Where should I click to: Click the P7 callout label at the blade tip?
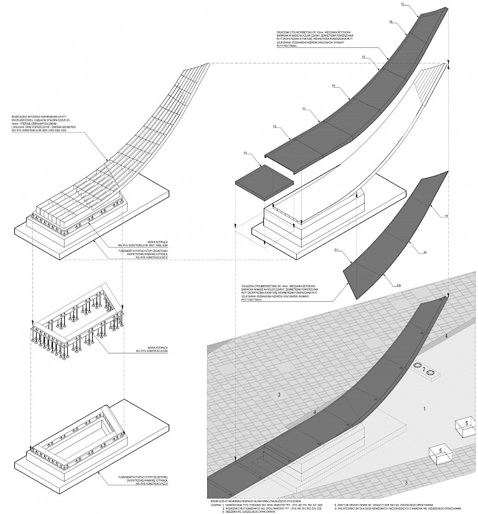tap(403, 4)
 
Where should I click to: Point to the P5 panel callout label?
tap(363, 57)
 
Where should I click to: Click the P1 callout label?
tap(246, 152)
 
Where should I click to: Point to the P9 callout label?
tap(424, 252)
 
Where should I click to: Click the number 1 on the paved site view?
tap(424, 409)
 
